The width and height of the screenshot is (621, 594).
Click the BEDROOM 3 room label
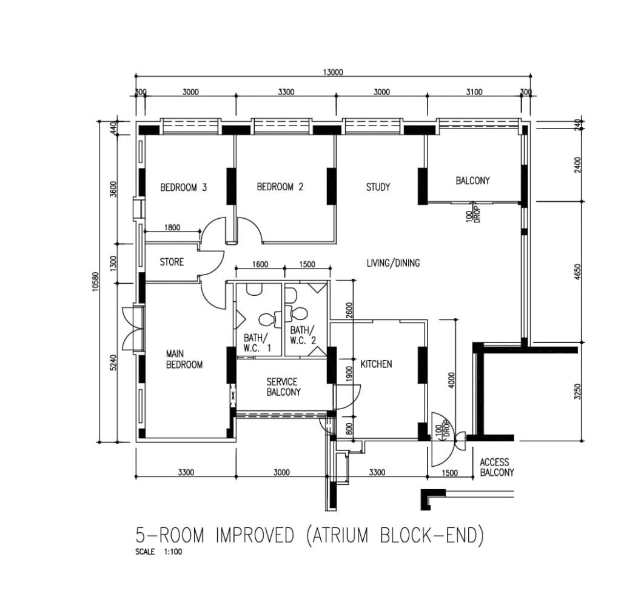[183, 187]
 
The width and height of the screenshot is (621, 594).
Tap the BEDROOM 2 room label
[280, 187]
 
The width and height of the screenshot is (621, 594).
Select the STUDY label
[378, 187]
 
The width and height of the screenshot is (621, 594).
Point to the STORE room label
[172, 262]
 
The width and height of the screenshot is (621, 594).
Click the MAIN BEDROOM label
[184, 359]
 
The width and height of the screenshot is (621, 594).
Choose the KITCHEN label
[376, 364]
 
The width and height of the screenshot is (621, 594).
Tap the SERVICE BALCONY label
[283, 387]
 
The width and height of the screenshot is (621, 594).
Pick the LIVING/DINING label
[393, 263]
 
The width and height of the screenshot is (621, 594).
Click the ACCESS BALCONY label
[497, 467]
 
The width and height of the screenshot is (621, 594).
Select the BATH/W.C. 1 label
[257, 343]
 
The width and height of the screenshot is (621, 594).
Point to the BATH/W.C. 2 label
[303, 335]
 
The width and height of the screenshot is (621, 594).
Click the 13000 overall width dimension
[333, 72]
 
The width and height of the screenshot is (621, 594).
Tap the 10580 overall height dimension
[95, 281]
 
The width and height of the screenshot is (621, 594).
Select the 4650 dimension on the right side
[577, 272]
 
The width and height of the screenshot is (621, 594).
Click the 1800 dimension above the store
[172, 227]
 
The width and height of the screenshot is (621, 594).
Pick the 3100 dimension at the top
[474, 92]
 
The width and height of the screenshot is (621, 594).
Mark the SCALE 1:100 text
[159, 552]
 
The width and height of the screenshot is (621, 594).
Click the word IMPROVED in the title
[255, 535]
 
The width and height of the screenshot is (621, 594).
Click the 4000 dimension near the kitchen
[452, 380]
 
